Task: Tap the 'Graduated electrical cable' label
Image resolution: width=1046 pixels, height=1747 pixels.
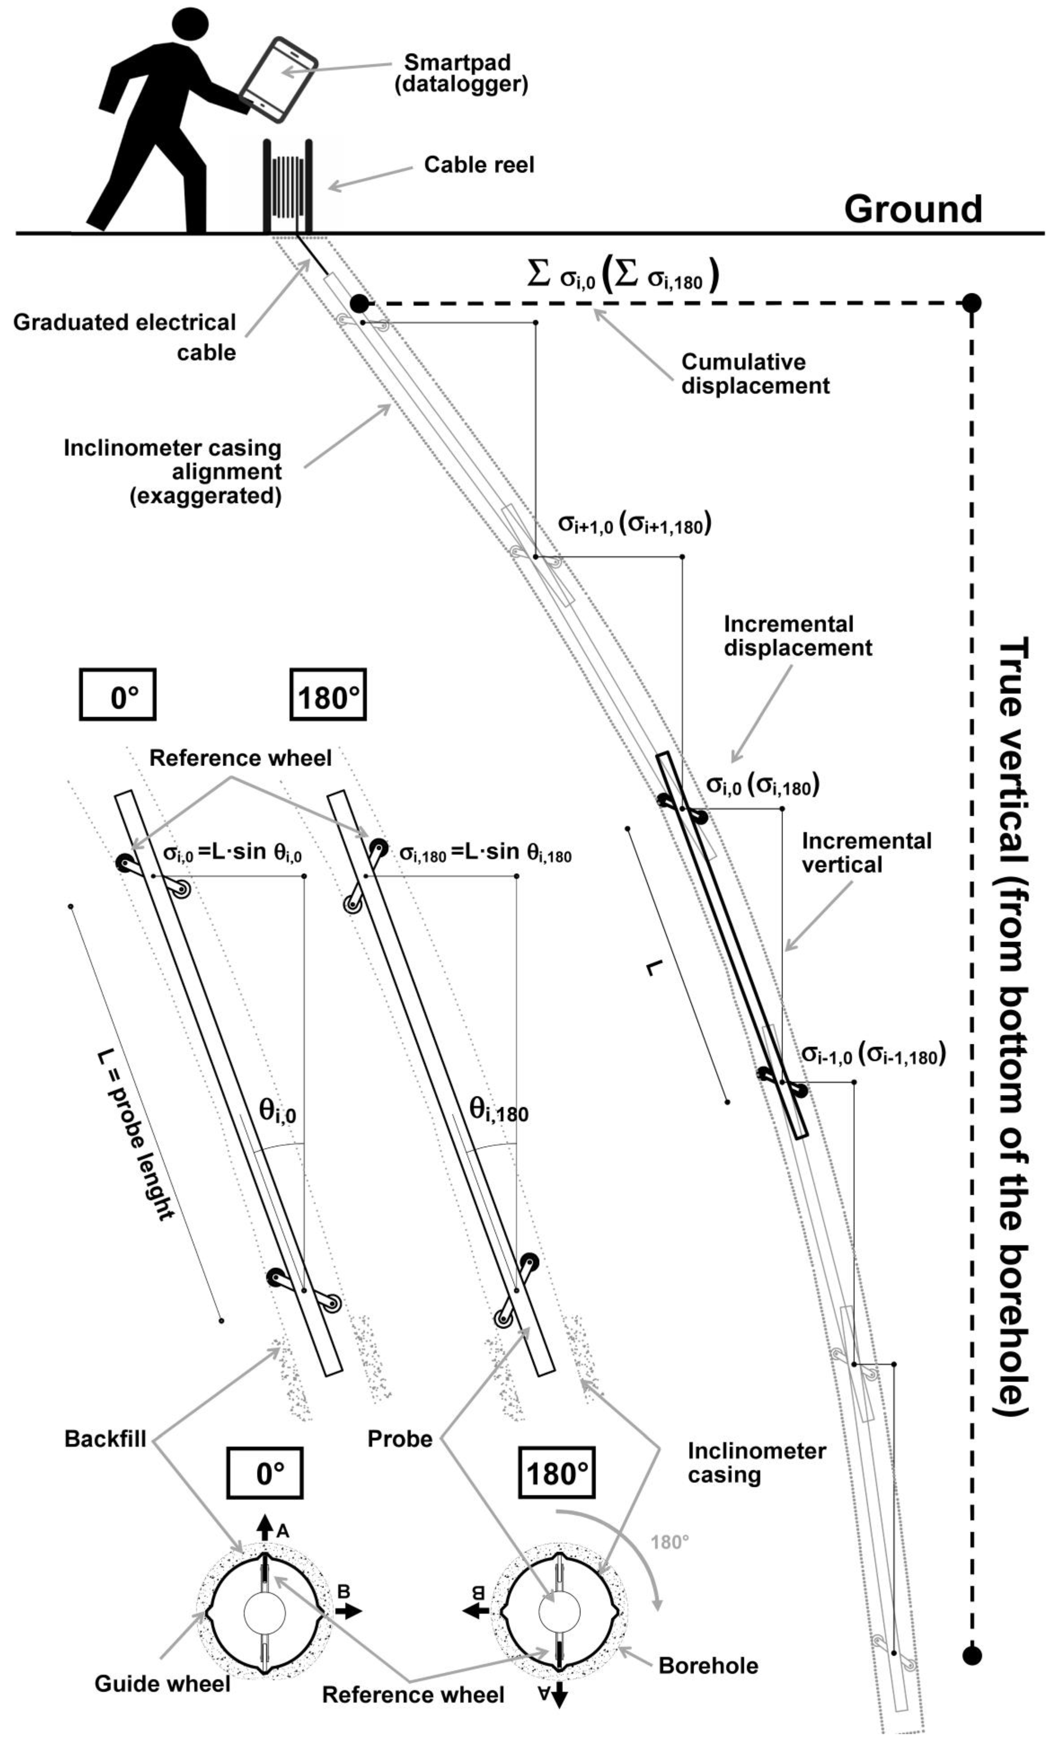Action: coord(125,337)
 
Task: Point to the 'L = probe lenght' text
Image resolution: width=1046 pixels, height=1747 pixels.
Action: coord(134,1135)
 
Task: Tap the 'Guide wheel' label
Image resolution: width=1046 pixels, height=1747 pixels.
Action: coord(162,1684)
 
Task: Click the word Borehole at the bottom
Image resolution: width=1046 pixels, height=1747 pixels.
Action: coord(708,1665)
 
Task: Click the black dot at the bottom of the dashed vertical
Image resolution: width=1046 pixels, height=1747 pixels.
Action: coord(972,1655)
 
